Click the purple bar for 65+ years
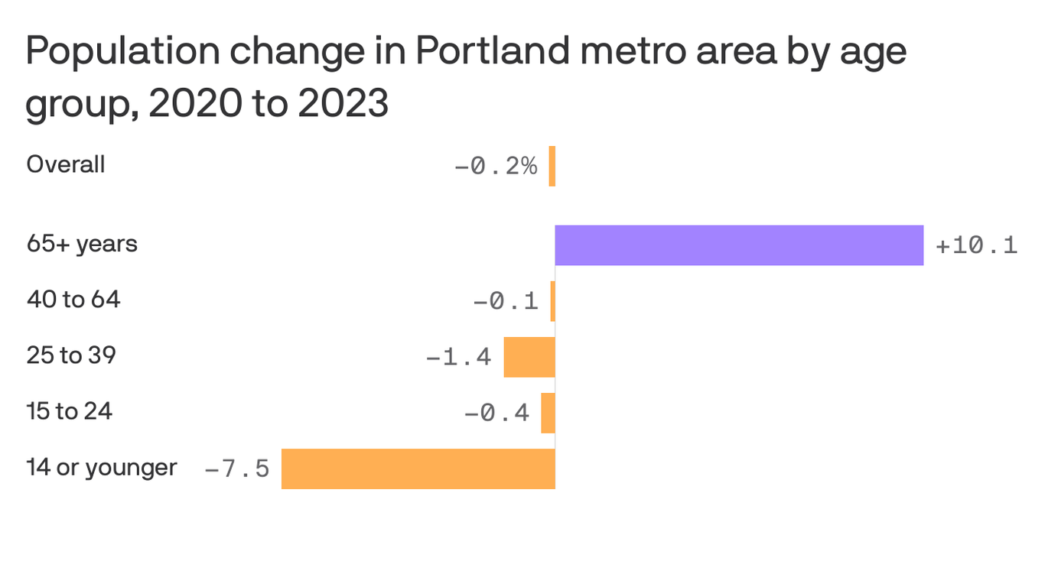tap(739, 245)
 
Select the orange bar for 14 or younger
tap(418, 469)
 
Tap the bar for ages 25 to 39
tap(529, 357)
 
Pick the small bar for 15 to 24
tap(548, 413)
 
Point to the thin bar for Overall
tap(552, 166)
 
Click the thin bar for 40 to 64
tap(553, 301)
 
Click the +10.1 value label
tap(976, 245)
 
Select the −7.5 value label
tap(237, 469)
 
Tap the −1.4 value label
tap(458, 357)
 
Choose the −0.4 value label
tap(496, 413)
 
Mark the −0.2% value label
tap(496, 166)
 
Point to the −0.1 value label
tap(506, 301)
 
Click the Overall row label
tap(66, 164)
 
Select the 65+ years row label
tap(82, 244)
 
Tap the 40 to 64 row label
tap(73, 300)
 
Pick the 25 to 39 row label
tap(71, 355)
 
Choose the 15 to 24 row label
tap(70, 411)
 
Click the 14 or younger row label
tap(102, 467)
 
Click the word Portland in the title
tap(493, 52)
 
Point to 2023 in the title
tap(343, 103)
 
